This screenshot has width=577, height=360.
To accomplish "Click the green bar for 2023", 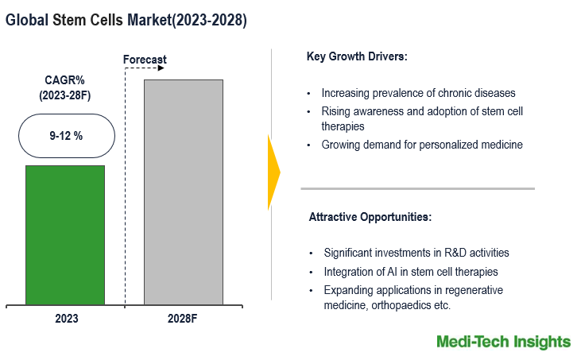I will click(64, 234).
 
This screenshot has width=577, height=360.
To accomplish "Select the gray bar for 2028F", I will click(183, 192).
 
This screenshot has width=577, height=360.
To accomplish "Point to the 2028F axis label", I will click(184, 318).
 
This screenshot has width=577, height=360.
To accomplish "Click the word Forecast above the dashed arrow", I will click(145, 60).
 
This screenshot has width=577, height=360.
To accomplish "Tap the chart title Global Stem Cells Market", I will click(126, 21).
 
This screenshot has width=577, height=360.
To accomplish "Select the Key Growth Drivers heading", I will click(356, 56).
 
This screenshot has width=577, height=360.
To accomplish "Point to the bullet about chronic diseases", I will click(418, 93).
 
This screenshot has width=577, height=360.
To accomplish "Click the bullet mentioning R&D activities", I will click(416, 253).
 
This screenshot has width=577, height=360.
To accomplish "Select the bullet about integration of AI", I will click(410, 272).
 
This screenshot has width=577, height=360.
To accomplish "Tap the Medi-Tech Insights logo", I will click(503, 342).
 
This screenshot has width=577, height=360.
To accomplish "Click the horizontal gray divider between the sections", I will click(417, 188).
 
